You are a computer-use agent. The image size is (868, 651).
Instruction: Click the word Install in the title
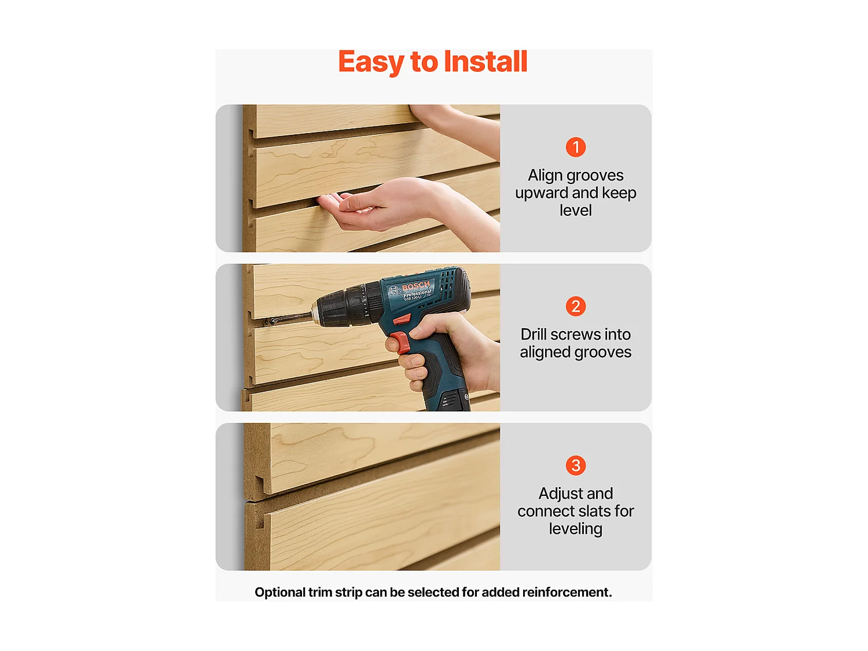[486, 61]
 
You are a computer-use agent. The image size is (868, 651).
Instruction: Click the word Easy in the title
[370, 61]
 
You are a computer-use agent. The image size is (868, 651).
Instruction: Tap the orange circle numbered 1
[576, 147]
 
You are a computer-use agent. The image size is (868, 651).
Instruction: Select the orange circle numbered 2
[576, 306]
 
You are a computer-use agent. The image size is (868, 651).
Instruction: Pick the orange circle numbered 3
[576, 465]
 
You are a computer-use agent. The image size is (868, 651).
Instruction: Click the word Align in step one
[545, 175]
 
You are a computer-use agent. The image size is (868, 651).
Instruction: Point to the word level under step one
[576, 211]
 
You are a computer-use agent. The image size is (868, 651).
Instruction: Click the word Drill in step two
[534, 334]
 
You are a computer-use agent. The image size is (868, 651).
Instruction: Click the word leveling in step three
[576, 529]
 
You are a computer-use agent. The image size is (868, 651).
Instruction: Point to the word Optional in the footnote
[280, 593]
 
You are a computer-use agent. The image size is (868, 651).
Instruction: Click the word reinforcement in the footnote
[567, 593]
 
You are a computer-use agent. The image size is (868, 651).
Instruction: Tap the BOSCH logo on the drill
[416, 286]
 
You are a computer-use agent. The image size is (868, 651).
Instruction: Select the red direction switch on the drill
[402, 319]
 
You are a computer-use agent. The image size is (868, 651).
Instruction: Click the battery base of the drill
[448, 399]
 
